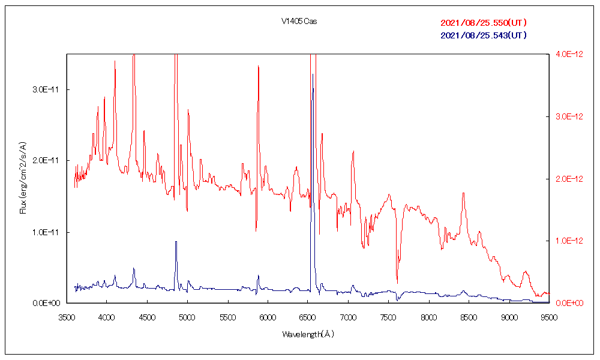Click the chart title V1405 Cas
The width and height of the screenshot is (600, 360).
point(299,22)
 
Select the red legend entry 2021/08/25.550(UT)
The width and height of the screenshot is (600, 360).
point(484,23)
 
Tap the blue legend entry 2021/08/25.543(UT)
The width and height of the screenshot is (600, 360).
point(484,35)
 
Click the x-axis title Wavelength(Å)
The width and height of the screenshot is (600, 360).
point(308,334)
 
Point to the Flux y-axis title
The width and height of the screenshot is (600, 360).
point(23,178)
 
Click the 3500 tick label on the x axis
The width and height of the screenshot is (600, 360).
point(67,316)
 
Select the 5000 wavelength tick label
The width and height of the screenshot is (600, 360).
point(187,316)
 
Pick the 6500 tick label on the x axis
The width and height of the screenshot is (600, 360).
point(308,316)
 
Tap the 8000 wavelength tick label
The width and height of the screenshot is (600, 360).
point(428,316)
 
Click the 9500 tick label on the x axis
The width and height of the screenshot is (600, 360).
point(549,316)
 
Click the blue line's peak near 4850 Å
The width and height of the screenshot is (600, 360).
point(176,242)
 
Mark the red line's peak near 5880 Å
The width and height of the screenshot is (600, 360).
point(258,67)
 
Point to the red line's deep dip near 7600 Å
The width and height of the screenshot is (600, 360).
point(397,283)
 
